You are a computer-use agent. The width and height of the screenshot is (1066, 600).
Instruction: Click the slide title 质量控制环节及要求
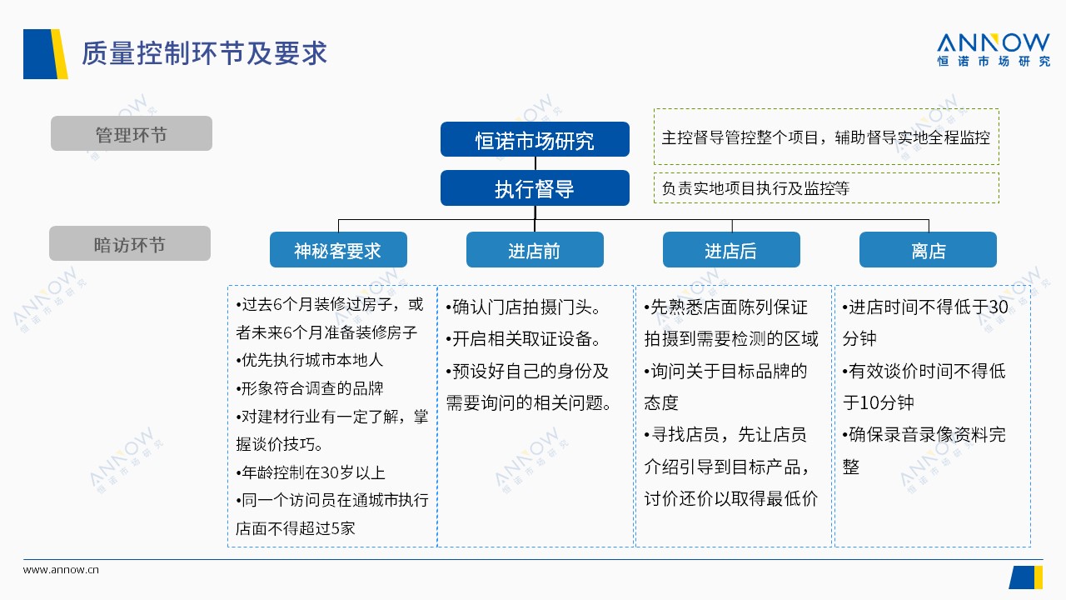(204, 52)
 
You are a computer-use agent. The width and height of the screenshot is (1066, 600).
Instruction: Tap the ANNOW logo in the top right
(994, 49)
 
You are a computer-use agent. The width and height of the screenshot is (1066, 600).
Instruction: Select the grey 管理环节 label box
(132, 133)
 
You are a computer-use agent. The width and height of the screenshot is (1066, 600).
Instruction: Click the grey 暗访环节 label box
(130, 243)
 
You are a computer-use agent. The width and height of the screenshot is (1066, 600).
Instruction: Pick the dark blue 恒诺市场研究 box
(535, 139)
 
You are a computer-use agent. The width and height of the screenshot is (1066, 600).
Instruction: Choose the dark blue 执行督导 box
(535, 188)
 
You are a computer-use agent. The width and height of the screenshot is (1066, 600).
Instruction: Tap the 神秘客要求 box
(338, 249)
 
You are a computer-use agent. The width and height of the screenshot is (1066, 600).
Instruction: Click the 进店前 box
(535, 249)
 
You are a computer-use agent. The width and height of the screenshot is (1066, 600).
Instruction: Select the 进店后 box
(731, 249)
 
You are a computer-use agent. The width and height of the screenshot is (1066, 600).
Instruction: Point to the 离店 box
(928, 249)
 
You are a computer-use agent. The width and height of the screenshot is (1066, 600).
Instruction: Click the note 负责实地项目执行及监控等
(755, 188)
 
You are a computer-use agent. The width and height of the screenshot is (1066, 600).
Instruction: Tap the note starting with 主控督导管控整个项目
(825, 137)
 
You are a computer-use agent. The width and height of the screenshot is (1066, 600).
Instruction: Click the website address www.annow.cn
(61, 569)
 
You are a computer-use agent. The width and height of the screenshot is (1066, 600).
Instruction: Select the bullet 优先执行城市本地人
(310, 360)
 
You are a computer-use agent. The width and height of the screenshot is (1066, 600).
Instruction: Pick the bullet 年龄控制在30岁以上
(311, 472)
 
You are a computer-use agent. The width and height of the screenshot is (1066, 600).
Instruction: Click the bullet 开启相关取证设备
(523, 339)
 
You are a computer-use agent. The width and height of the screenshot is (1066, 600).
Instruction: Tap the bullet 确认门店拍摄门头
(523, 307)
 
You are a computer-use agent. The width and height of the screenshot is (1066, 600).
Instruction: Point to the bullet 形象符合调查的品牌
(310, 388)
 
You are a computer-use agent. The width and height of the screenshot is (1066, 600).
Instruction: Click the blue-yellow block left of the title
(45, 54)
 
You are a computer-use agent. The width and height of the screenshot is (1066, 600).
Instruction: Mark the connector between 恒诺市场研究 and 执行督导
(535, 163)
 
